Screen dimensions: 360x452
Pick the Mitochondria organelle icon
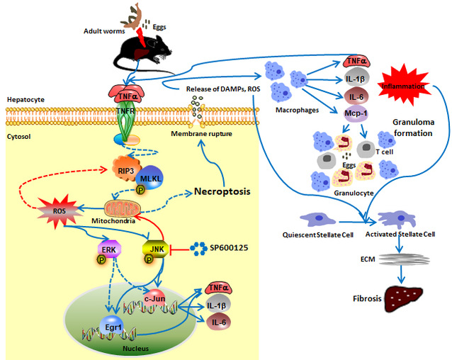[x=128, y=210]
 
